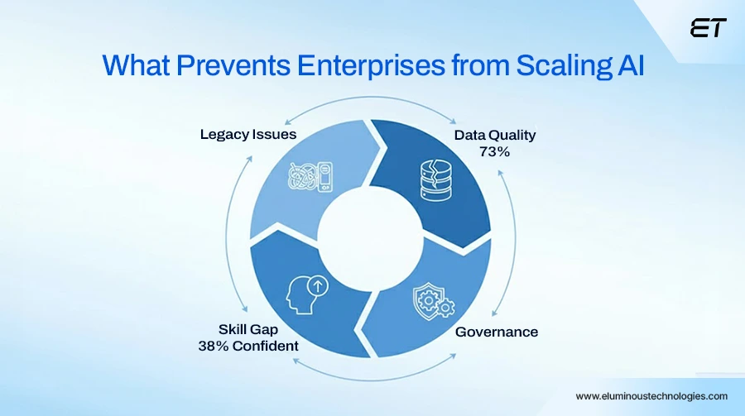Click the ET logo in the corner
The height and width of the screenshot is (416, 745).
708,28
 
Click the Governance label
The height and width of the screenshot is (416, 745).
497,332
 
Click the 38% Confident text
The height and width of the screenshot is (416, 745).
248,346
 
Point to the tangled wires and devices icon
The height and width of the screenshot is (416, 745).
310,178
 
